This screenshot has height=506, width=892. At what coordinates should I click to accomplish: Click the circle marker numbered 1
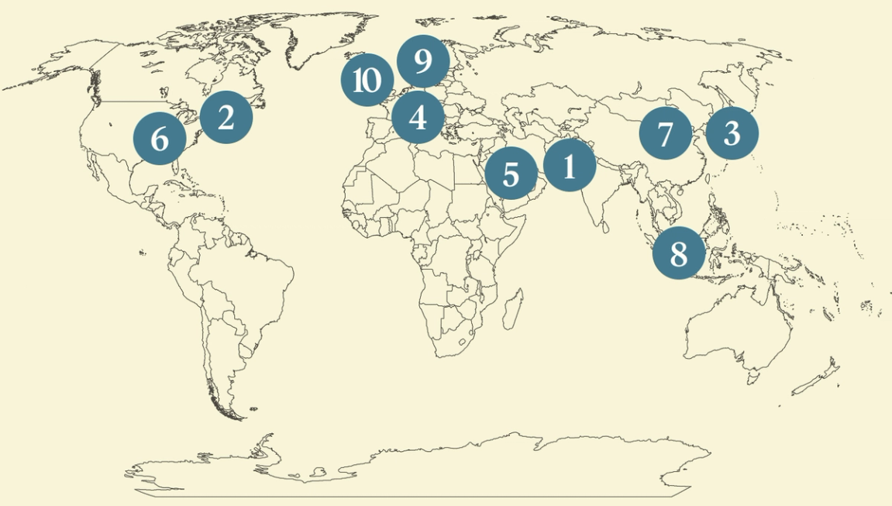[570, 166]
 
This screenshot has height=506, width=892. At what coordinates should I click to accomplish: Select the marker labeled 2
[226, 118]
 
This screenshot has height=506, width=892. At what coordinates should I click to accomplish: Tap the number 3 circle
[732, 133]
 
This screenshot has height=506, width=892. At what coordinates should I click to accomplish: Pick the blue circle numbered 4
[418, 119]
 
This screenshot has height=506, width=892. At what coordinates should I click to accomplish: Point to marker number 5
[511, 174]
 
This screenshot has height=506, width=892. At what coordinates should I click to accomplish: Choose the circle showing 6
[160, 139]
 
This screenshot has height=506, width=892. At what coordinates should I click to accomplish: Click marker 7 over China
[665, 134]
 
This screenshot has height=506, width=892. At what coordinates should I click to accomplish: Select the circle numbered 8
[678, 253]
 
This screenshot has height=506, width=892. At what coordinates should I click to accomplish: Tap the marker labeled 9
[422, 60]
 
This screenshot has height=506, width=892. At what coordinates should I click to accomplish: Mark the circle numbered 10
[367, 81]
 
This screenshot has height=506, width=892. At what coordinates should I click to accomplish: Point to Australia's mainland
[736, 325]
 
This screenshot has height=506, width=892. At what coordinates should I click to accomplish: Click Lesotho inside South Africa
[464, 342]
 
